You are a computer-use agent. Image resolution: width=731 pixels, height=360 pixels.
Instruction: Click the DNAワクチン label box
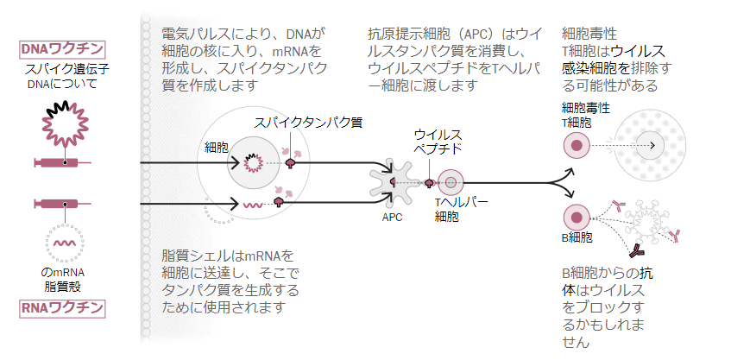tap(61, 49)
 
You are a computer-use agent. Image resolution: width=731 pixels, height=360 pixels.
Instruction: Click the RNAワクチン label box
tap(61, 307)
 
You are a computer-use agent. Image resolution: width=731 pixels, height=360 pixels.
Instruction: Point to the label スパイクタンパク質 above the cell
tap(307, 123)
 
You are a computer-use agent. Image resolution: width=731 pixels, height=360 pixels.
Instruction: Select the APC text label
tap(392, 218)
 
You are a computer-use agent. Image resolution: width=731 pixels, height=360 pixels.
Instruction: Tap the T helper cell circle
tap(451, 182)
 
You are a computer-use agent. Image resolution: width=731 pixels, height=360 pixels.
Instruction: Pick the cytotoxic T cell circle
tap(574, 146)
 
